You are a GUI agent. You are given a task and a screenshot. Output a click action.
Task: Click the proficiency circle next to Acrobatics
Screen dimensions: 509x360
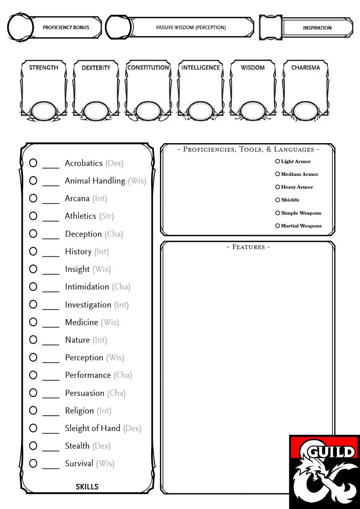[x=33, y=163]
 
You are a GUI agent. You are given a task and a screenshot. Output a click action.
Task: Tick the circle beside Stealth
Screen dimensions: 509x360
[x=33, y=445]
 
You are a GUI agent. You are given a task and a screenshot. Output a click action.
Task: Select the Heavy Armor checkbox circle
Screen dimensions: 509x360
[x=278, y=187]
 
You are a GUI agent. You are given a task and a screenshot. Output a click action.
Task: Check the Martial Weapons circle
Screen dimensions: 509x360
[x=278, y=226]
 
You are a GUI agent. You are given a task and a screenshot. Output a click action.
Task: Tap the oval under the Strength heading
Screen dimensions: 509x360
[x=44, y=111]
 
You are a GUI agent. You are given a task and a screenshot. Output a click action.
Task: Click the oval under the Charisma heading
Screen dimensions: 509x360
[x=306, y=111]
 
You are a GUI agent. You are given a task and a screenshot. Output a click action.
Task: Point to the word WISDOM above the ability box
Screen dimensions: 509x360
[x=253, y=68]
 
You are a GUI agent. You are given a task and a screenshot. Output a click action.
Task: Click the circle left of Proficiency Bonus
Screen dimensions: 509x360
[x=20, y=28]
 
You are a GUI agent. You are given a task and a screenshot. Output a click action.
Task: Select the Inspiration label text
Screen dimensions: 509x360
[x=317, y=28]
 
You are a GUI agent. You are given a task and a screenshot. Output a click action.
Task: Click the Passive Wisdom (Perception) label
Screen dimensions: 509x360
[x=191, y=28]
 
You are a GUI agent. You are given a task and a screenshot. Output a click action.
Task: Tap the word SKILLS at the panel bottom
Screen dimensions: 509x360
[x=87, y=487]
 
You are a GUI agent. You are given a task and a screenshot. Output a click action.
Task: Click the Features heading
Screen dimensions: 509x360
[x=248, y=247]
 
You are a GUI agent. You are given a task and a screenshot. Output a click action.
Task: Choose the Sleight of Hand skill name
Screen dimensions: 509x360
[x=93, y=428]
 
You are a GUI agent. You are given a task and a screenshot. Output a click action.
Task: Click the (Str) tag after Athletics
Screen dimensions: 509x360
[x=106, y=216]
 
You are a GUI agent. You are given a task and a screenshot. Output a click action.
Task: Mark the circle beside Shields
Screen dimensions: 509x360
[x=278, y=200]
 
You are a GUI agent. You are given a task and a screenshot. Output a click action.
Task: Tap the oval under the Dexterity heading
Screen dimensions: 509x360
[x=96, y=111]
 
